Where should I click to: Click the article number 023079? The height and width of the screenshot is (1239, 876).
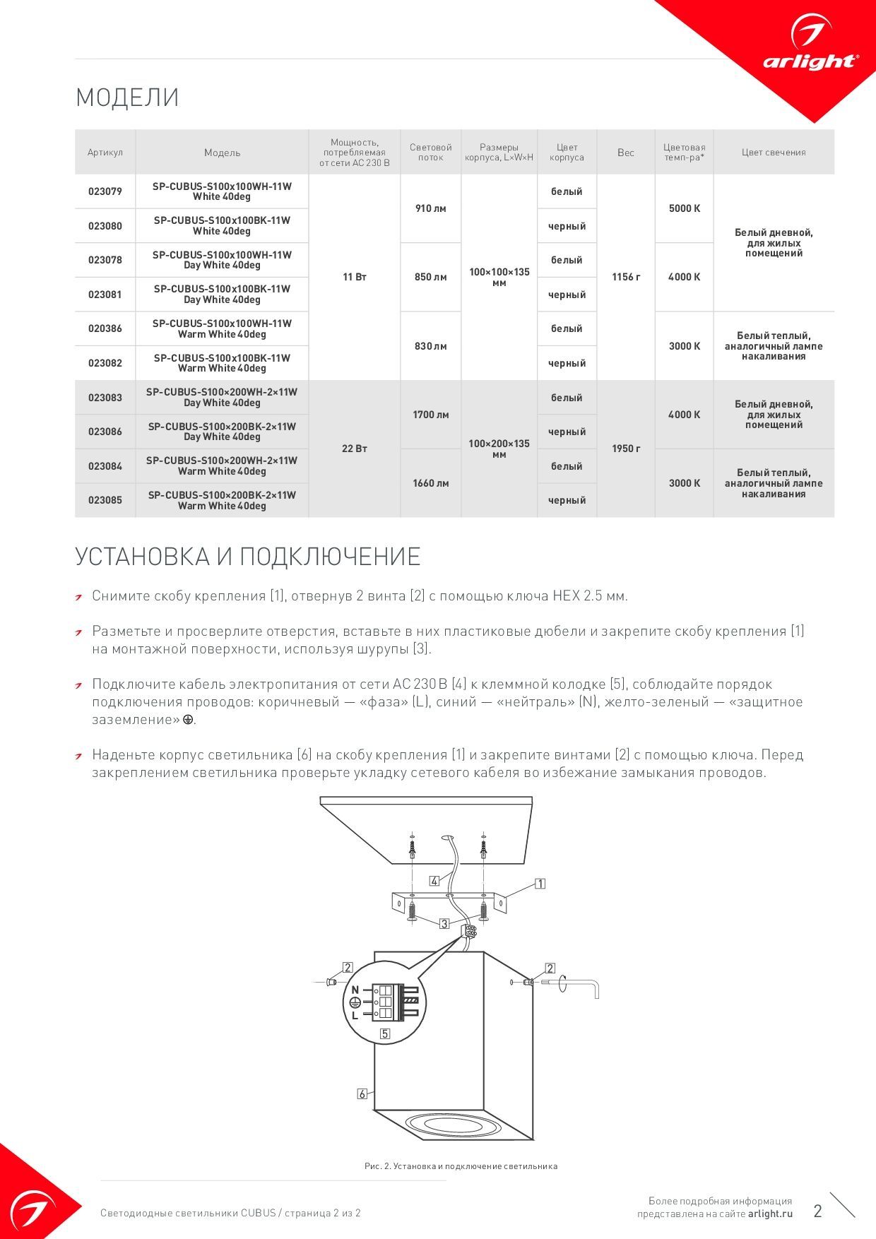click(105, 191)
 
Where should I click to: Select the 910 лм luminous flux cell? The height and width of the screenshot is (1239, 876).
click(430, 208)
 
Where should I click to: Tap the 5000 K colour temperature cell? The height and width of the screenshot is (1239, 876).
click(684, 208)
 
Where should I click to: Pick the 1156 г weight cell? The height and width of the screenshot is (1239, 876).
click(626, 277)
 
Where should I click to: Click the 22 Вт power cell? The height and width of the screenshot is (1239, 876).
click(355, 449)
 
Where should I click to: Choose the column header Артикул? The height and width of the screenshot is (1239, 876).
click(105, 153)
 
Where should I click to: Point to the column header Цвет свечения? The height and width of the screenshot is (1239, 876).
click(774, 153)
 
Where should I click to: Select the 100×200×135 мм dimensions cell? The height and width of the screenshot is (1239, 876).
click(499, 449)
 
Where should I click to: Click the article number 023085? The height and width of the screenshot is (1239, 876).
click(105, 500)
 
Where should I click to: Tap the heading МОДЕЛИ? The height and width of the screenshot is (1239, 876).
click(127, 97)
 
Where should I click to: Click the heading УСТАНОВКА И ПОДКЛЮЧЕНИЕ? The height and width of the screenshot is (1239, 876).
click(247, 557)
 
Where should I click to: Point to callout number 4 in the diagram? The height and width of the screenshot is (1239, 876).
click(434, 881)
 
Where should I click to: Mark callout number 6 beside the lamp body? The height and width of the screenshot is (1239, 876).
click(362, 1093)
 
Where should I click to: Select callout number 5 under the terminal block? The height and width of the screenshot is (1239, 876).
click(385, 1033)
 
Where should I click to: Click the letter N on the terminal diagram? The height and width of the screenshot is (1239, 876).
click(355, 990)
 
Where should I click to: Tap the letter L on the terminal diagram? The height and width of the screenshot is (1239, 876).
click(355, 1015)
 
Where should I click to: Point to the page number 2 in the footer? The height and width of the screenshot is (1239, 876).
click(817, 1211)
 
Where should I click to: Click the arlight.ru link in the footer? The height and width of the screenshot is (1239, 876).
click(770, 1214)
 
